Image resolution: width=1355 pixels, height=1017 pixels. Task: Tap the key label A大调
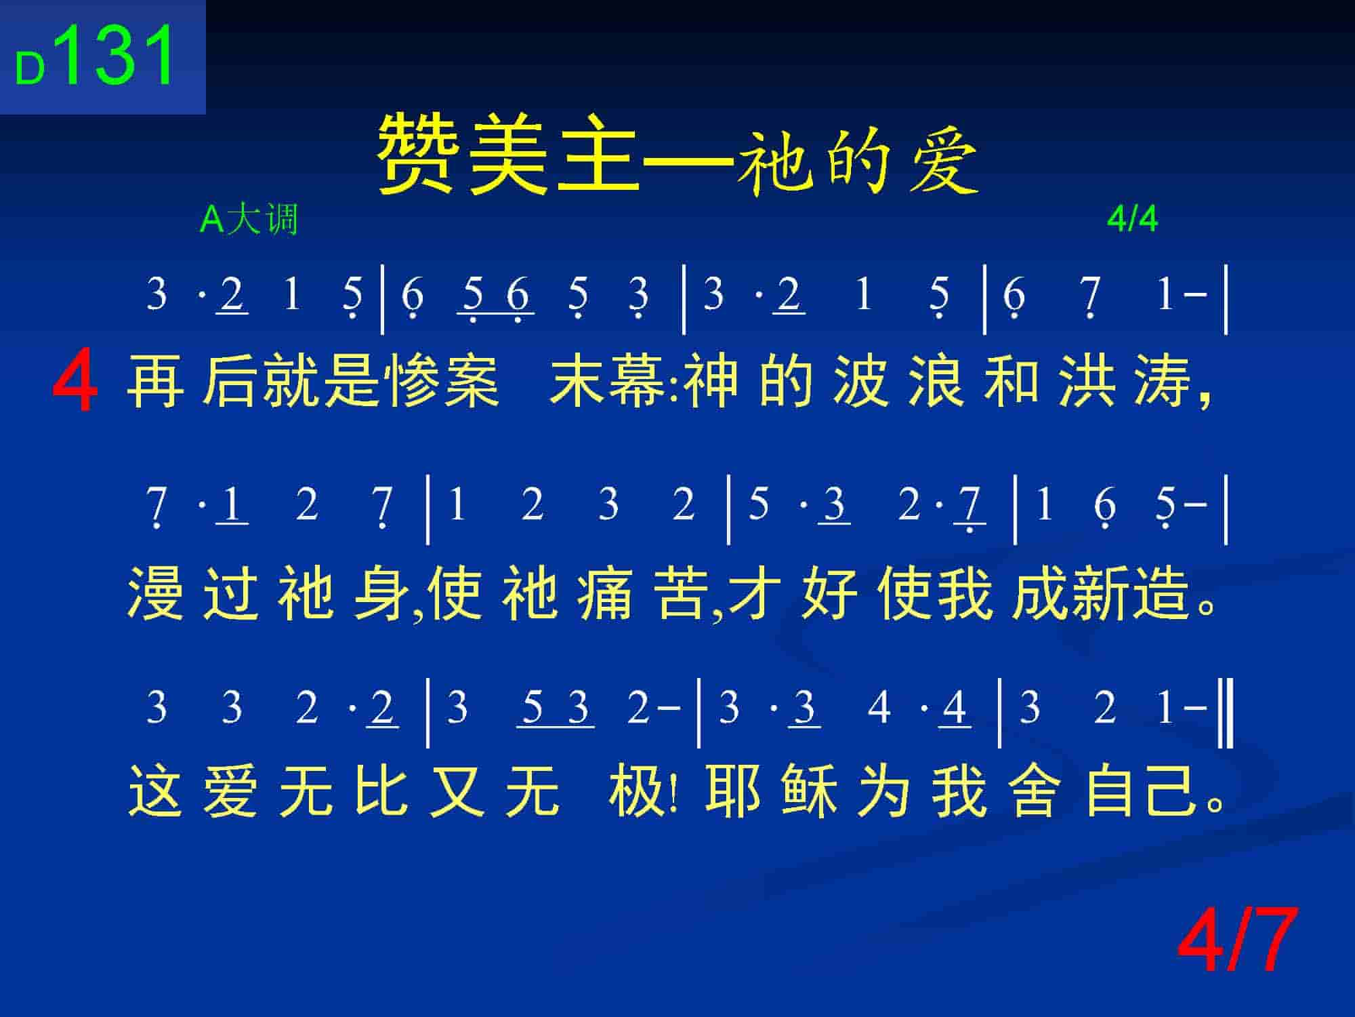tap(249, 219)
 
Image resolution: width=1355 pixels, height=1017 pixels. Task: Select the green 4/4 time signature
tap(1132, 219)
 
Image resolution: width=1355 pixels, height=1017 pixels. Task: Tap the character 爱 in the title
tap(943, 161)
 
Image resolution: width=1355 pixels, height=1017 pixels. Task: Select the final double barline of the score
tap(1226, 715)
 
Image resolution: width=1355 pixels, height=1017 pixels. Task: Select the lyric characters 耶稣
tap(771, 791)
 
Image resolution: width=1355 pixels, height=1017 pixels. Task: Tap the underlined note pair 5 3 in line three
tap(556, 709)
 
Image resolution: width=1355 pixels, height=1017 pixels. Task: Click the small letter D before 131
tap(30, 68)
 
